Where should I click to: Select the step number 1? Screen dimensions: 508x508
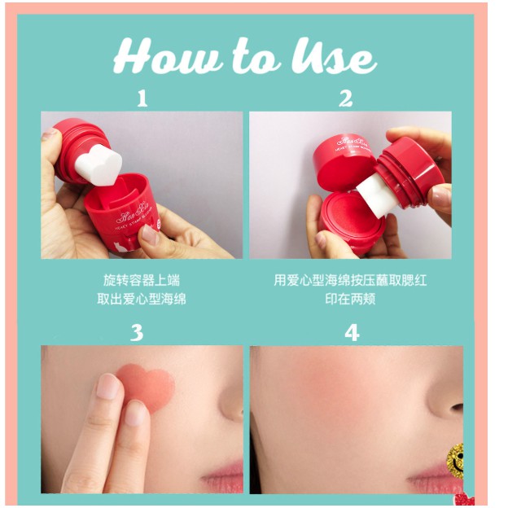point(142,99)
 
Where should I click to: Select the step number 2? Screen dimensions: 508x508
point(346,99)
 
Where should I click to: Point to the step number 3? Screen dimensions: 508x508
point(137,332)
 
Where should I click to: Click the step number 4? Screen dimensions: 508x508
point(352,332)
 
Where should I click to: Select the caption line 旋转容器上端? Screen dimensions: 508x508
point(142,281)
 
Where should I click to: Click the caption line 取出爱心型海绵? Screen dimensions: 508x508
point(142,299)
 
